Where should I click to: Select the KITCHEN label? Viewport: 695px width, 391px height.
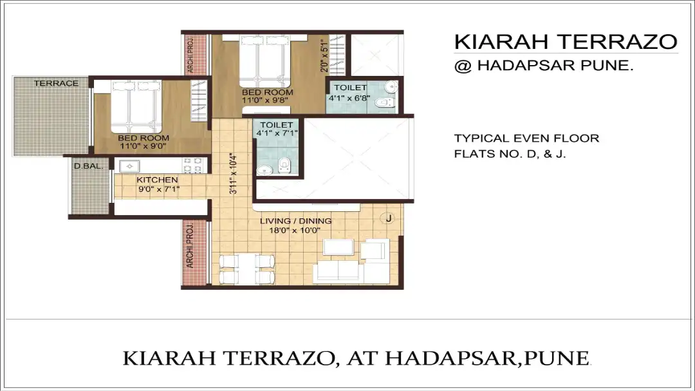[x=157, y=180]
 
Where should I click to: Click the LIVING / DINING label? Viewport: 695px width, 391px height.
[x=295, y=221]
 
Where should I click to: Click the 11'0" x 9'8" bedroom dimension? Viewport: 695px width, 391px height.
[x=268, y=100]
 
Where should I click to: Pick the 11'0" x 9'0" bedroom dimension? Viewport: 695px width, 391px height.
[x=143, y=146]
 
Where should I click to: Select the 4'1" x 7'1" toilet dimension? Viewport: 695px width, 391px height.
[x=277, y=133]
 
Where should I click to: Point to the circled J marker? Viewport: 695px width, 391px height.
[x=388, y=218]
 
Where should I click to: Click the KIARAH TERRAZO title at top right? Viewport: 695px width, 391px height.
[x=565, y=42]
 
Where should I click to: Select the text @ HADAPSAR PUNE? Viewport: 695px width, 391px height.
[x=544, y=65]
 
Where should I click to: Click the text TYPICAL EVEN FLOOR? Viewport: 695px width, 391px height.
[x=526, y=138]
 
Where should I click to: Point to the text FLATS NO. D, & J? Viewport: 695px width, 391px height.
[x=510, y=155]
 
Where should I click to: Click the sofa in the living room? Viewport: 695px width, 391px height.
[x=346, y=271]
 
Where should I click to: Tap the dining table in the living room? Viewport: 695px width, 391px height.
[x=248, y=269]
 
